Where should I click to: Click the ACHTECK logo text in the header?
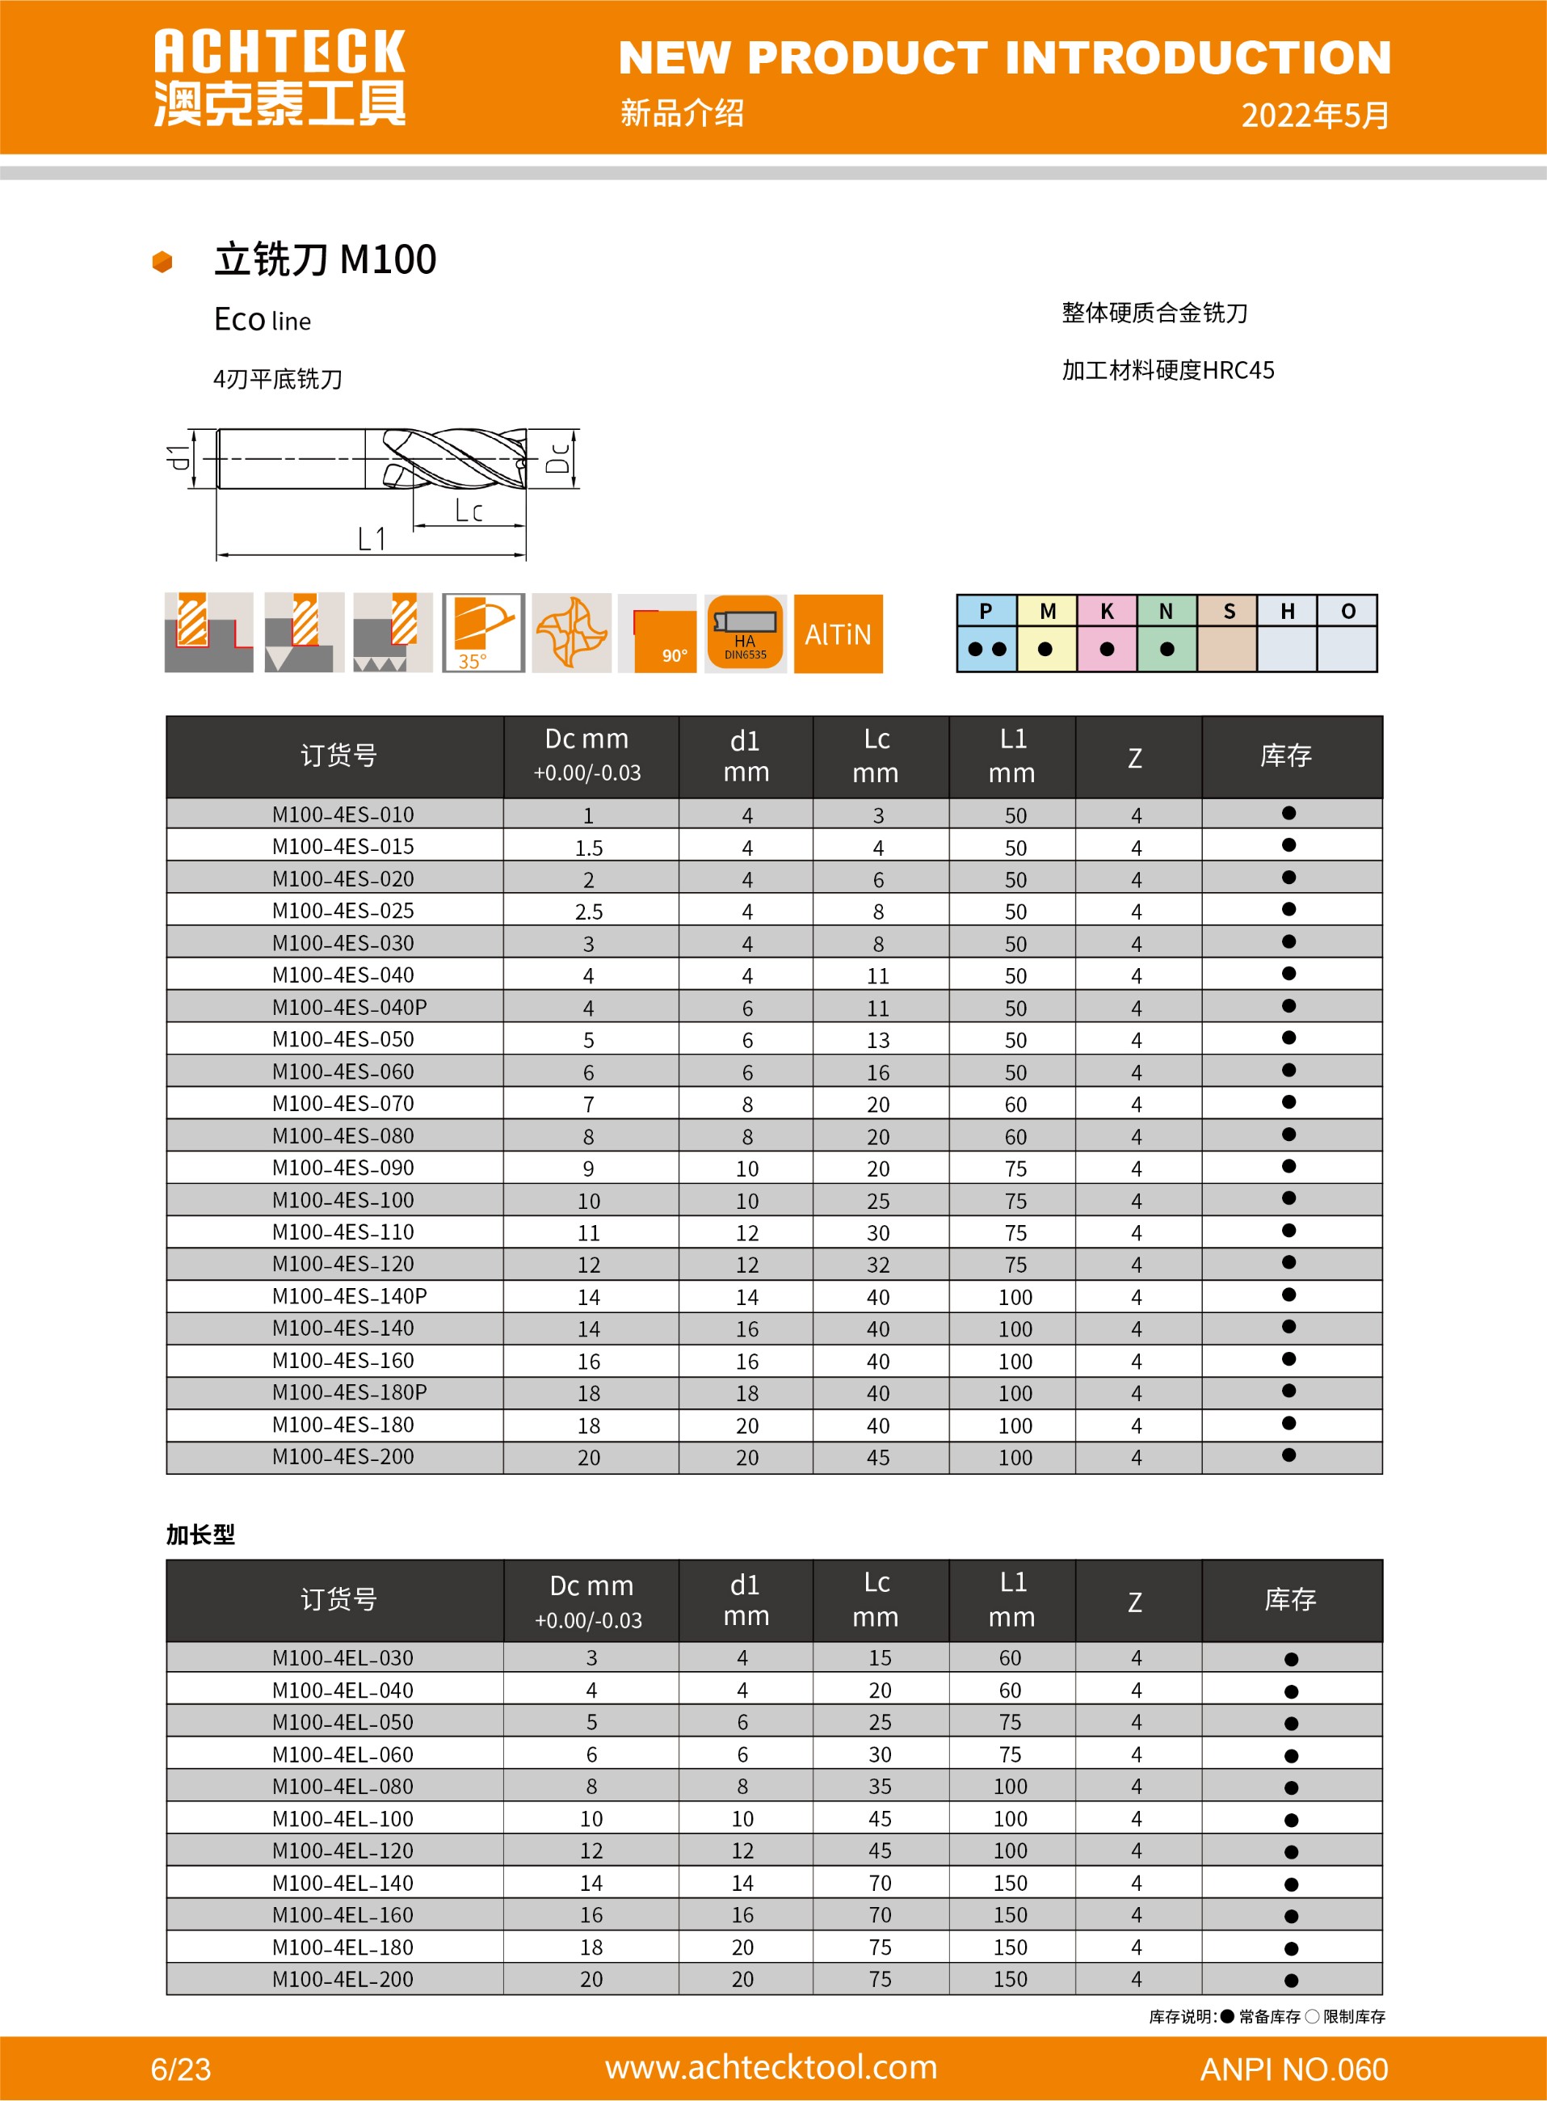(279, 53)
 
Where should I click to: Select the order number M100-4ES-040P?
(348, 1007)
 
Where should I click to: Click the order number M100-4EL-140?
(342, 1883)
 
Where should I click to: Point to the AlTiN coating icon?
(837, 634)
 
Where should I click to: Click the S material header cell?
(1228, 612)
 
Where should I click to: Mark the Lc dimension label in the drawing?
(469, 511)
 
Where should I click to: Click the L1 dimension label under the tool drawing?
(372, 539)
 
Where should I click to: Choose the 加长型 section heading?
(200, 1535)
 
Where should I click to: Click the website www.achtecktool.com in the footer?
(771, 2066)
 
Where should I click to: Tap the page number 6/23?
(181, 2068)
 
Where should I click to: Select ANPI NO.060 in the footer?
(1293, 2068)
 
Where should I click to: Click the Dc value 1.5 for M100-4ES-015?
(588, 848)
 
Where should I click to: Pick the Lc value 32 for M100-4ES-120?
(877, 1265)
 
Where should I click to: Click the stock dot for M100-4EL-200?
(1290, 1980)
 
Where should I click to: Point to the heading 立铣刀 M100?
(325, 259)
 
